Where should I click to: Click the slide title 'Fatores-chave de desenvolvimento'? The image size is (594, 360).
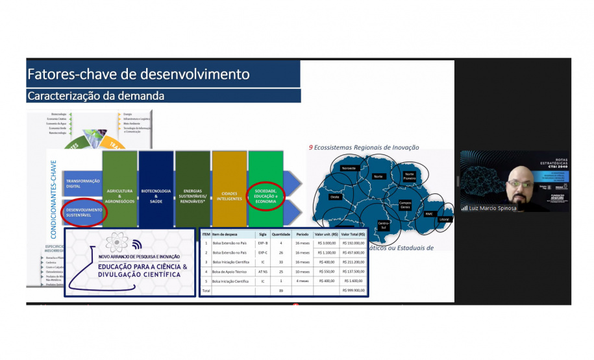click(x=138, y=74)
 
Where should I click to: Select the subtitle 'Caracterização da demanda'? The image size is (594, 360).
click(x=95, y=96)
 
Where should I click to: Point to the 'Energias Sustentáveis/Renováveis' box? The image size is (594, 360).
click(x=193, y=195)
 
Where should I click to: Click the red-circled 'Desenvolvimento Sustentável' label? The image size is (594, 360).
click(x=83, y=212)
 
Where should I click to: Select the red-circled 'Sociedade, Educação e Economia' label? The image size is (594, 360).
click(x=266, y=195)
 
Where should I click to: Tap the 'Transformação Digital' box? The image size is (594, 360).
click(x=82, y=184)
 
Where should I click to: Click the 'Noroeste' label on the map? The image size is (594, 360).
click(x=349, y=169)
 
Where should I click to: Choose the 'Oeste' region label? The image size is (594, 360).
click(x=335, y=196)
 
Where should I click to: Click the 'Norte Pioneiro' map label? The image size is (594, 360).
click(x=409, y=174)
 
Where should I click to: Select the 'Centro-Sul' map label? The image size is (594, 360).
click(x=383, y=225)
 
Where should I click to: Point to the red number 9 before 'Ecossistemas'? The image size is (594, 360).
click(x=311, y=147)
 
